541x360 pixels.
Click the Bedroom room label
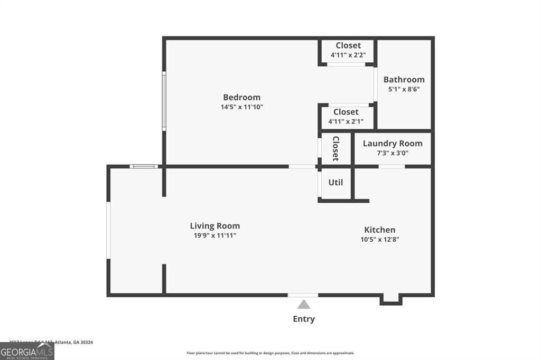click(x=241, y=97)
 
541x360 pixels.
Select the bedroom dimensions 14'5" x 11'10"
click(x=241, y=107)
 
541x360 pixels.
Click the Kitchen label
click(x=379, y=230)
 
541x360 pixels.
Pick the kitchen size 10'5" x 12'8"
click(x=379, y=239)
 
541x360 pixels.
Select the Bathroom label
click(x=404, y=80)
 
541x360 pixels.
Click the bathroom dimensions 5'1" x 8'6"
click(x=404, y=89)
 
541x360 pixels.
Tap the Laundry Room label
click(x=393, y=143)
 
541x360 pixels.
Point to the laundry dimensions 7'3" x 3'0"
click(x=393, y=153)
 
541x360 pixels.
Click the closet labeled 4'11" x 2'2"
click(x=348, y=50)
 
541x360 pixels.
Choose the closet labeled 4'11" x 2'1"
click(x=346, y=117)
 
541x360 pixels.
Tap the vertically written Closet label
click(x=335, y=148)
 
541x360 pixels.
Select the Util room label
click(x=335, y=182)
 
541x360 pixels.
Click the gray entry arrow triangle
click(x=303, y=304)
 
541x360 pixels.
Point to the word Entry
click(x=304, y=319)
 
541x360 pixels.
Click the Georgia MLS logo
click(x=27, y=352)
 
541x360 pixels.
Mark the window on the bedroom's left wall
click(x=164, y=101)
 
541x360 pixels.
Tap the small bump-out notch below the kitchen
click(x=391, y=300)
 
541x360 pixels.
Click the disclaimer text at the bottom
click(x=270, y=353)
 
